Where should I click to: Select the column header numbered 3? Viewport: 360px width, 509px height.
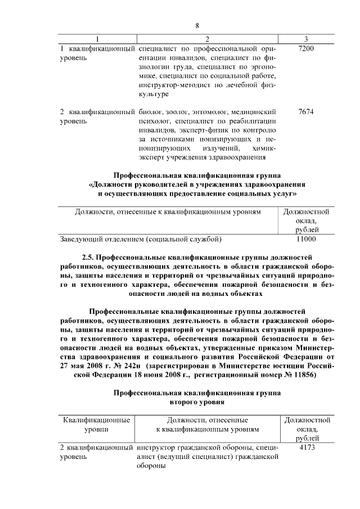(x=305, y=39)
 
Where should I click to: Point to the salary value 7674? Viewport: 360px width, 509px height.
(x=306, y=111)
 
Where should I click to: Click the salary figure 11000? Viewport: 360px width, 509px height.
(x=306, y=239)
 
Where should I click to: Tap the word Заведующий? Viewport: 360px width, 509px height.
(x=79, y=239)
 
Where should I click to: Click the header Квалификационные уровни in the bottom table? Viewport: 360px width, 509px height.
(x=97, y=424)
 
